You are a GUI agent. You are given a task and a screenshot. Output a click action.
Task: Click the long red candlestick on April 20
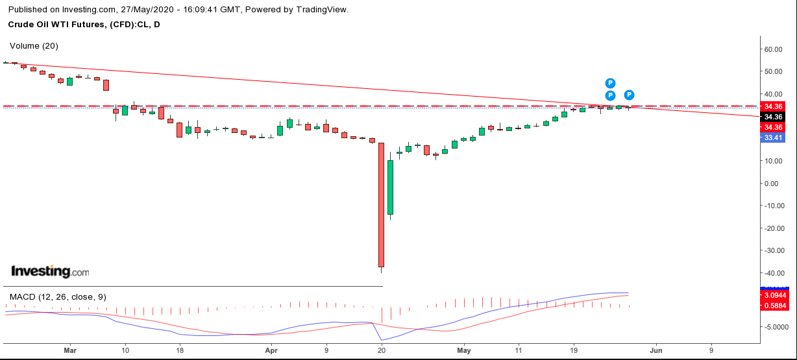point(381,204)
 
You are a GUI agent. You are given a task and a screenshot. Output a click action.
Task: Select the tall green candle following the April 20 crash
point(390,187)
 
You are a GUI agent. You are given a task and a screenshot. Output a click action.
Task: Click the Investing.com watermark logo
point(50,272)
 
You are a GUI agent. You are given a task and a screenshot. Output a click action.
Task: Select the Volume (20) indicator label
point(34,46)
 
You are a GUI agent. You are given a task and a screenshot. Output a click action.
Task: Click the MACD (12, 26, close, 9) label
point(58,296)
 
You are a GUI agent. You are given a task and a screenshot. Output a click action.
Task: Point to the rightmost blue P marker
point(629,95)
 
